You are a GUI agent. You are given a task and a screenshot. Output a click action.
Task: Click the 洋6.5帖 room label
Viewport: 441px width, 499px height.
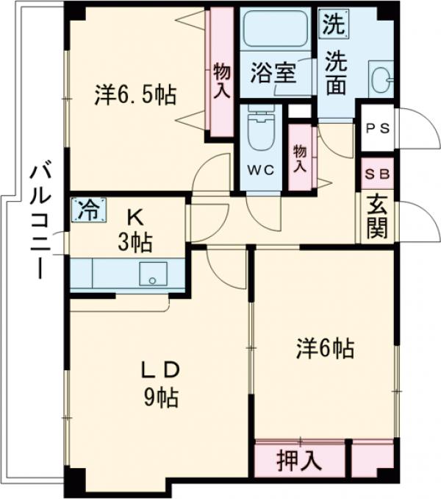pos(135,95)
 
